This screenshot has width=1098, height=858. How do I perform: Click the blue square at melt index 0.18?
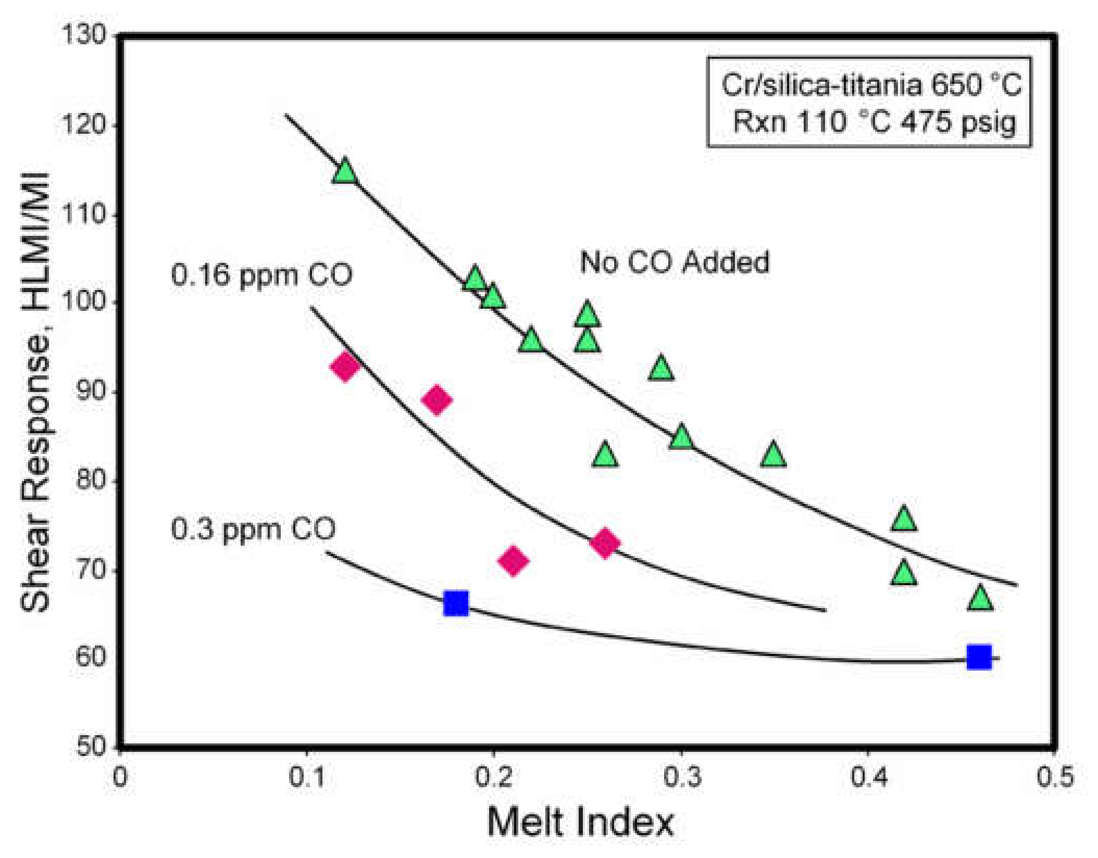[456, 603]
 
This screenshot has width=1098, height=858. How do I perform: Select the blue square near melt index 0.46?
[979, 657]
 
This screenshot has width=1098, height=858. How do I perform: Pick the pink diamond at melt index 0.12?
[345, 367]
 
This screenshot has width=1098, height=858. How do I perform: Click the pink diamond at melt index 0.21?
[513, 561]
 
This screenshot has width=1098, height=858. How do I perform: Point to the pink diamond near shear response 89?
[437, 400]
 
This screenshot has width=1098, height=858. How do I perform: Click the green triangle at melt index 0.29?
[661, 369]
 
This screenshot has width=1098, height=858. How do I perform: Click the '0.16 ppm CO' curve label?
[261, 275]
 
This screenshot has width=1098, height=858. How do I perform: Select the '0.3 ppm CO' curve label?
[253, 529]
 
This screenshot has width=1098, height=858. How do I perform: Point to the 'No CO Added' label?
[675, 262]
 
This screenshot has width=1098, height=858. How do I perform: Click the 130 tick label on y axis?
[83, 35]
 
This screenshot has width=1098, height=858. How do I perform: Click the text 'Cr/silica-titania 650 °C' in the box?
[871, 84]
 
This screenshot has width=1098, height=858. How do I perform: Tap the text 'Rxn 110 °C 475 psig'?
[874, 122]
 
